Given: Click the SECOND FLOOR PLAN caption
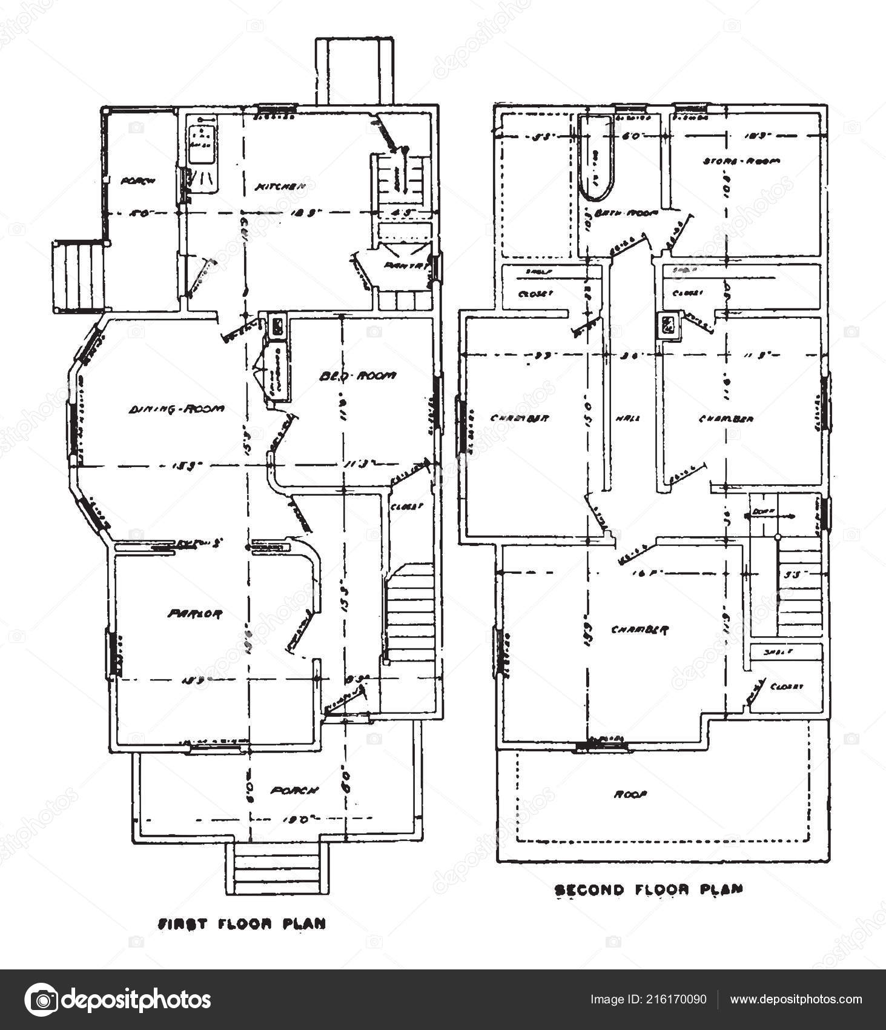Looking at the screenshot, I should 649,889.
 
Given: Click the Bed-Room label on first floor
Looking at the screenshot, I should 357,376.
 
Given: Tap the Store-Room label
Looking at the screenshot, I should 741,161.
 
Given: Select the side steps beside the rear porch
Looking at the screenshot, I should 77,276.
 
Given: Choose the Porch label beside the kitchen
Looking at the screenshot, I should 138,181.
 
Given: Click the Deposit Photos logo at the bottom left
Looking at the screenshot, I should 118,1000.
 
